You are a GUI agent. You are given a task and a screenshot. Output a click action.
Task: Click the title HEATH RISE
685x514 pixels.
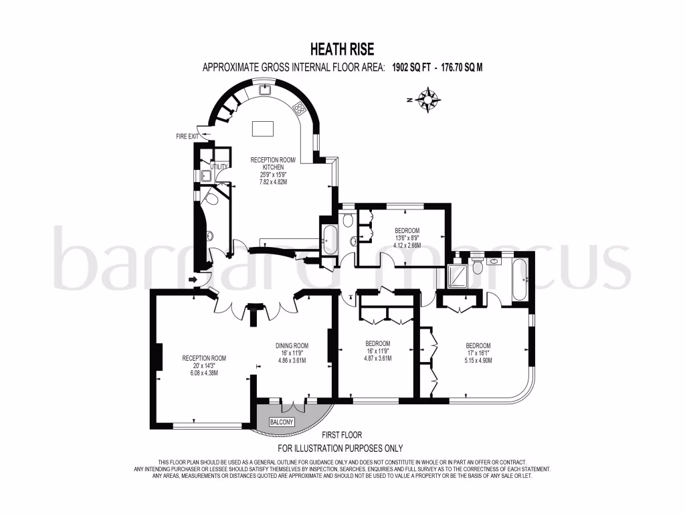[342, 49]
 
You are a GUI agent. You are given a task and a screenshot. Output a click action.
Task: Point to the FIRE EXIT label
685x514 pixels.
[187, 137]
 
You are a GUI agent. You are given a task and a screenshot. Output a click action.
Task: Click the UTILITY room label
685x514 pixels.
[219, 167]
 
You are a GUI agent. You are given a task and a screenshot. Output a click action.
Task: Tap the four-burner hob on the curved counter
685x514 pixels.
[300, 108]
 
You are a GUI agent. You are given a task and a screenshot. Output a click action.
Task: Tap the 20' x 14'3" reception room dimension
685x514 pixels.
[204, 365]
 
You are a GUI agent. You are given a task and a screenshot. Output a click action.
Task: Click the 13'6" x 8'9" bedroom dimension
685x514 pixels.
[407, 238]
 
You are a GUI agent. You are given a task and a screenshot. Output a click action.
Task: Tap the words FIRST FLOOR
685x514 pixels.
[342, 435]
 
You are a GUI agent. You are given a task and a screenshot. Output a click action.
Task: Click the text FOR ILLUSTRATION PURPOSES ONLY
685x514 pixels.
[340, 448]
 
